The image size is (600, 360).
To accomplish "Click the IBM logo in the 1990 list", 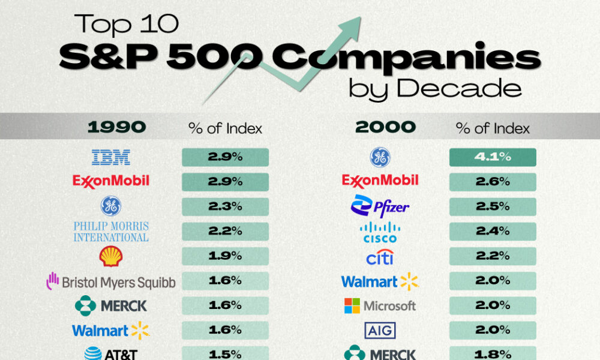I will pos(111,157).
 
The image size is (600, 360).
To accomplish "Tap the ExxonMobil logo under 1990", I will pos(111,180).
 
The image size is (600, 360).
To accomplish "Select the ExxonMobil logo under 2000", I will pos(380,180).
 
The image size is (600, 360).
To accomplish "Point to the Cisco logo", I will pos(380,232).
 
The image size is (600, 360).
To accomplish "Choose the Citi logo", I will pos(380,257).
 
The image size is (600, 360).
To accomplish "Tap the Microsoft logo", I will pos(380,305).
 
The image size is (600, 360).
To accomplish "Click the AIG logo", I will pos(380,329).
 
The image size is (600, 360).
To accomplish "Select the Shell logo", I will pos(110,256).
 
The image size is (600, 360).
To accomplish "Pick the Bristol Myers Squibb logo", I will pos(111,281).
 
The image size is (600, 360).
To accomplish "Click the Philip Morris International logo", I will pos(111,231).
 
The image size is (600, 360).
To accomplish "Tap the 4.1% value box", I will pos(493,157).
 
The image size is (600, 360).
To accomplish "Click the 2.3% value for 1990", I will pos(225,206).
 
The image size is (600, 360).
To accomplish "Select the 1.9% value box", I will pos(225,256).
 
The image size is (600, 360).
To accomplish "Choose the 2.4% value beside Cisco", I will pos(493,231).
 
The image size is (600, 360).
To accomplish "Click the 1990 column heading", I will pos(116,127).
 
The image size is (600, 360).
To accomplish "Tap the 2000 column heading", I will pos(385,127).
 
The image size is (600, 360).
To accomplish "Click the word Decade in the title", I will pos(459,88).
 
